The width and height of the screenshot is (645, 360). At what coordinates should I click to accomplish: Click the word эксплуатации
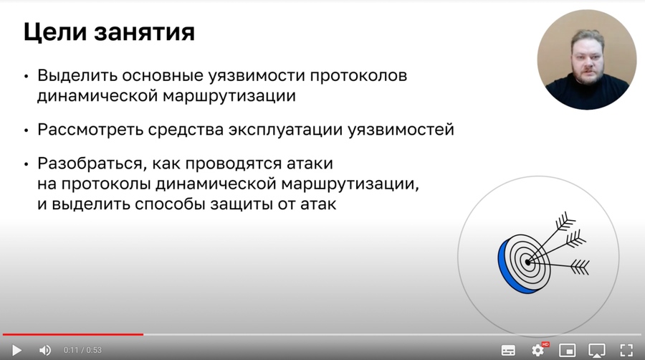tap(291, 130)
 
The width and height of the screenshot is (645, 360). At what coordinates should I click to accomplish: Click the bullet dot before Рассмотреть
tap(27, 131)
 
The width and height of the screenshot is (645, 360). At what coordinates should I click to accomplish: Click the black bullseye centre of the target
tap(528, 262)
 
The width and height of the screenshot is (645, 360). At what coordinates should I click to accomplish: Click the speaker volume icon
tap(45, 350)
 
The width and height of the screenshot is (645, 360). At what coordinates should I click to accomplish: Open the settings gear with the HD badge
tap(538, 350)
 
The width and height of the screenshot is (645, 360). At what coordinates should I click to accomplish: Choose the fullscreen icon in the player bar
tap(626, 350)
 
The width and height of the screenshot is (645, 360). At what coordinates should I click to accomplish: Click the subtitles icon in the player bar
tap(508, 350)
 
